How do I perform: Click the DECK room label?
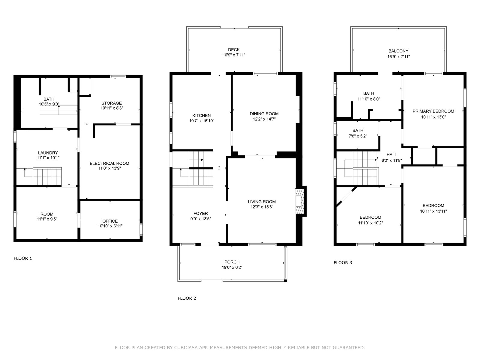234,49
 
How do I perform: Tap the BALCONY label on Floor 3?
398,51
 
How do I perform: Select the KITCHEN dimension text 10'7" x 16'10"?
202,121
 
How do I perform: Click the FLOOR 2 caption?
187,298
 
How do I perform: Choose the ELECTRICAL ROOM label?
109,163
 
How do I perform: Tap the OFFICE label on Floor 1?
110,221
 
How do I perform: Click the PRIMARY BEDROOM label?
433,111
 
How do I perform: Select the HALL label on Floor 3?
392,155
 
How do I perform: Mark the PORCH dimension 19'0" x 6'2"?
232,267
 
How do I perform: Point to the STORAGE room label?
112,103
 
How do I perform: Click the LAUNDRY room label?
48,153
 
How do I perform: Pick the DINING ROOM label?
264,114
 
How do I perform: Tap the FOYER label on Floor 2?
200,213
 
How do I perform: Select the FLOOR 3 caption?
343,262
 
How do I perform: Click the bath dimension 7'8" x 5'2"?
358,136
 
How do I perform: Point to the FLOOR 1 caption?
23,258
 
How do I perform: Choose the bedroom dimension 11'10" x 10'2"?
370,223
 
